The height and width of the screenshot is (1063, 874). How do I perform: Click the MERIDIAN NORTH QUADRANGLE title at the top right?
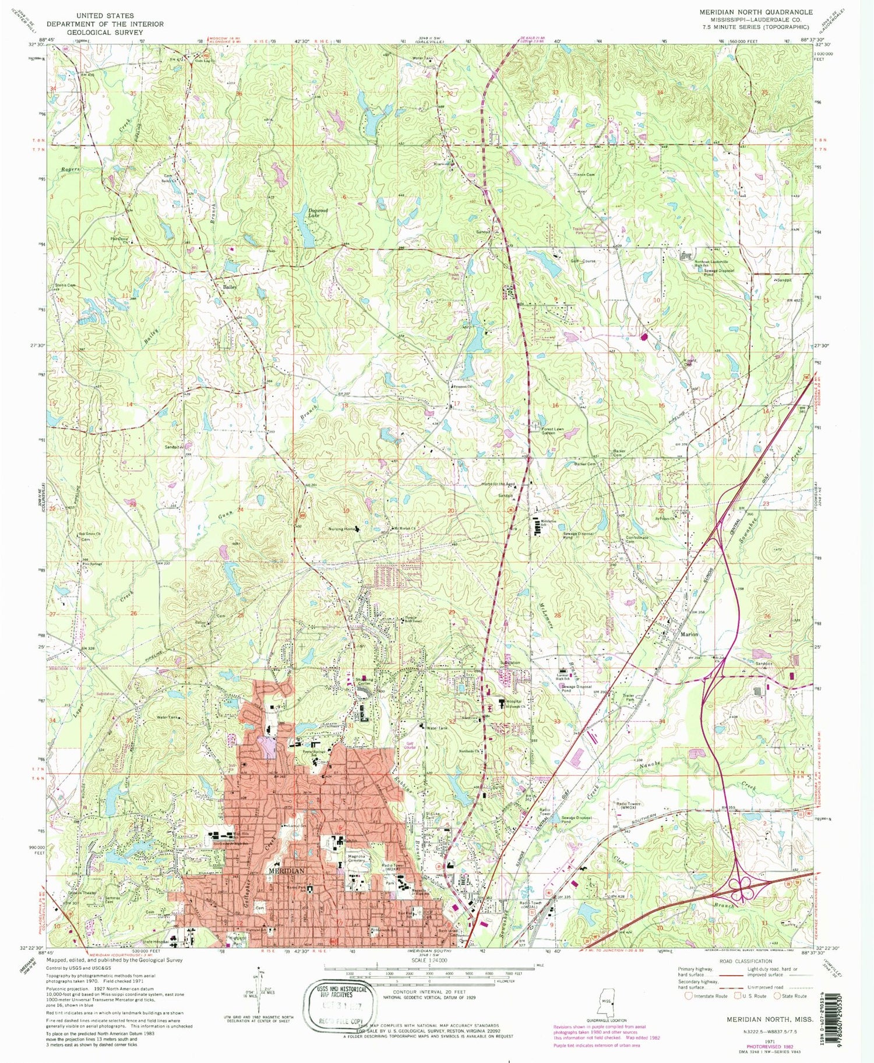(x=756, y=12)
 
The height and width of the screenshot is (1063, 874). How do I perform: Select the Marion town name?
(x=689, y=634)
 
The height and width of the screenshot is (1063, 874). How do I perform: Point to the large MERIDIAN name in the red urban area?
(x=286, y=870)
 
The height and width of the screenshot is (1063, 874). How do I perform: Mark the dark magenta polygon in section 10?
(x=644, y=337)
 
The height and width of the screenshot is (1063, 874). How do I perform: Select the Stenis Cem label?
(x=65, y=285)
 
